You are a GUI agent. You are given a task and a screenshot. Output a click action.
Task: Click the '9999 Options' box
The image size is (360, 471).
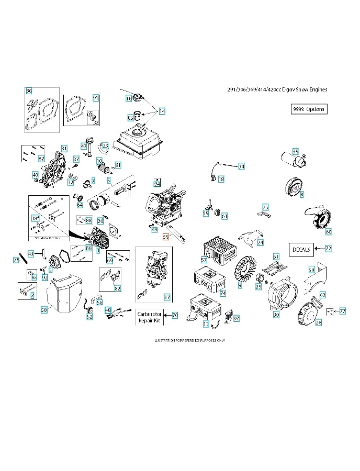coord(309,109)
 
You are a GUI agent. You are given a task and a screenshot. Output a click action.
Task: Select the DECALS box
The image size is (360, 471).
coord(301,249)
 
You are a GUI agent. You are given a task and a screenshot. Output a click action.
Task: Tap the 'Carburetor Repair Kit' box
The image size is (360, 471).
coord(150,316)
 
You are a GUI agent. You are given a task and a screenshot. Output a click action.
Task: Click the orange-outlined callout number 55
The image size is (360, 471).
coord(166,236)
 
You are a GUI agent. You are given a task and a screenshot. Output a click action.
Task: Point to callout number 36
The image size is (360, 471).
coord(29,91)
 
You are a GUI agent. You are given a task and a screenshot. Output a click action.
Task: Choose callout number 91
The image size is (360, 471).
coord(96,98)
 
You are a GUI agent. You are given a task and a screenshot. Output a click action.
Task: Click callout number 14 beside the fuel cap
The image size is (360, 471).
coord(162,111)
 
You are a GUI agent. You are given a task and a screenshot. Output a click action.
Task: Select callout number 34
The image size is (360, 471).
coord(241,166)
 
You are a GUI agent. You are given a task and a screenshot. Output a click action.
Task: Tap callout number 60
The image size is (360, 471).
coord(329,231)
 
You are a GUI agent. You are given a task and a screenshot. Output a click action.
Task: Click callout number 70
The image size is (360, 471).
coord(175,315)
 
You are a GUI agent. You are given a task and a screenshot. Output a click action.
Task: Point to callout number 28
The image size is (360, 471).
coord(318,323)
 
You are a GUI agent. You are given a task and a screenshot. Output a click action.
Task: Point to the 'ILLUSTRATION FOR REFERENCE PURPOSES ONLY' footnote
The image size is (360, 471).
coord(189,341)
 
